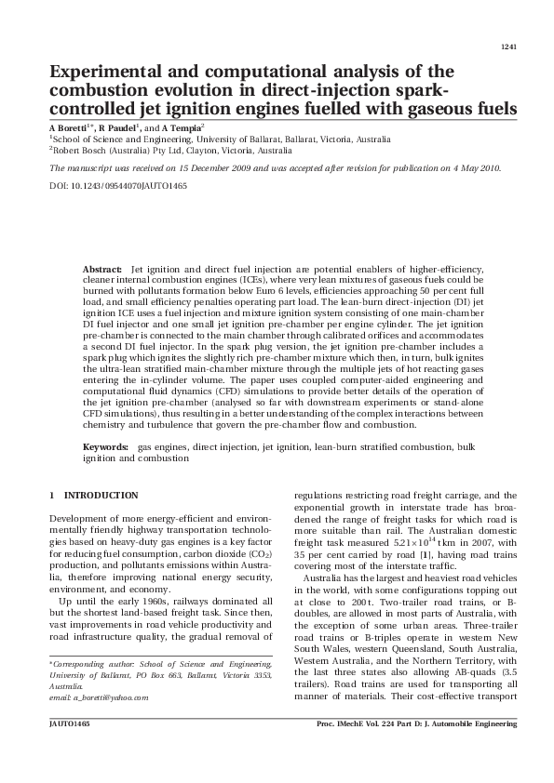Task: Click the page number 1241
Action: point(508,46)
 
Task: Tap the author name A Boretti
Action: point(68,126)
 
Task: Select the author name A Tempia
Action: point(182,126)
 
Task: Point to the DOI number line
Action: point(117,186)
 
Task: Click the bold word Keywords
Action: point(105,447)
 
